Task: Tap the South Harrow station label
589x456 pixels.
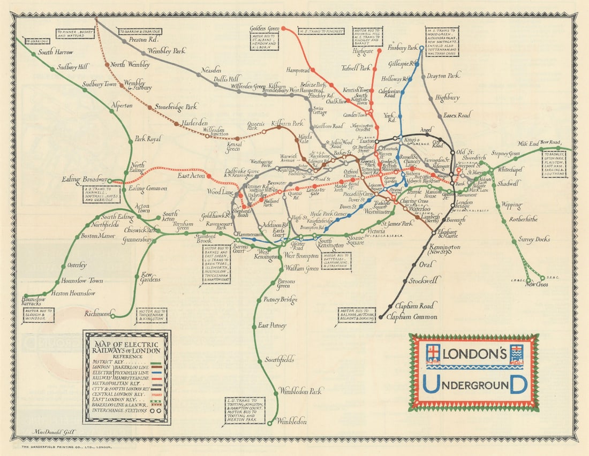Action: coord(55,52)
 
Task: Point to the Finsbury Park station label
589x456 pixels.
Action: coord(402,48)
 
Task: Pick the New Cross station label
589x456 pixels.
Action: coord(537,284)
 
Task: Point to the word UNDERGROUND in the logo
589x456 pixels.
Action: coord(474,384)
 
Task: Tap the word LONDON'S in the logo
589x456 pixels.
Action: coord(474,354)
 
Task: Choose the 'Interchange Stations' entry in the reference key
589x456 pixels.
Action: coord(116,411)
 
